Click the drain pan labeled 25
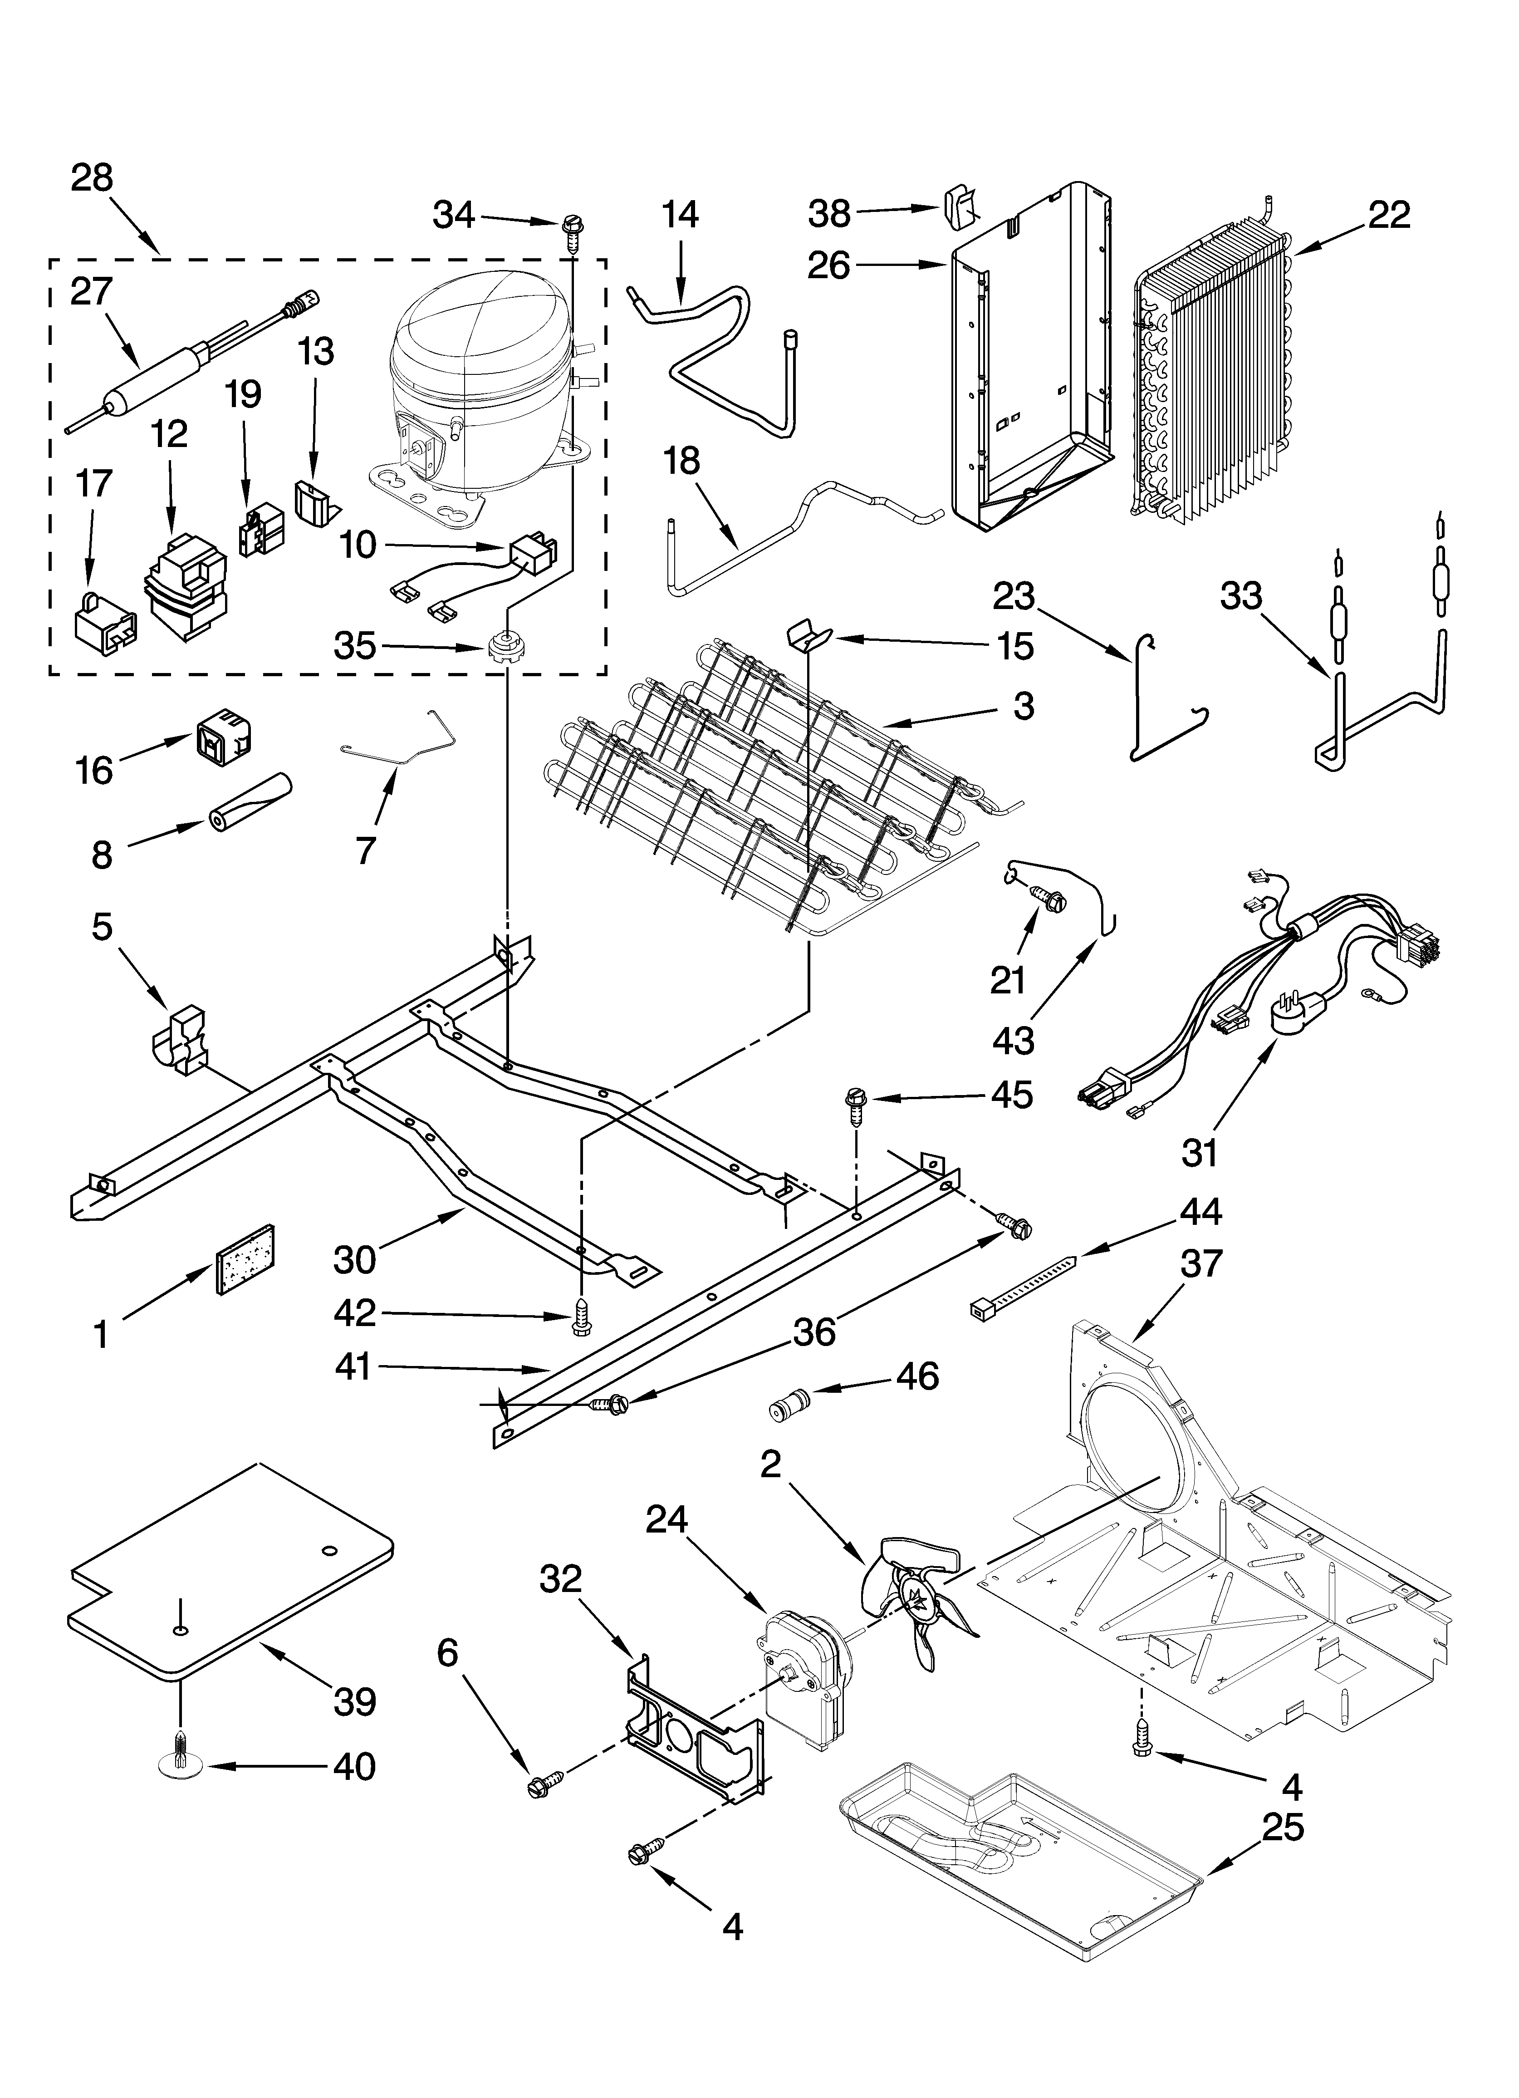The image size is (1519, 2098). pyautogui.click(x=1018, y=1850)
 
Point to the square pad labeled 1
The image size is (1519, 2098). pyautogui.click(x=246, y=1258)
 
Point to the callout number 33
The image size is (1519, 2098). pyautogui.click(x=1240, y=596)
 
